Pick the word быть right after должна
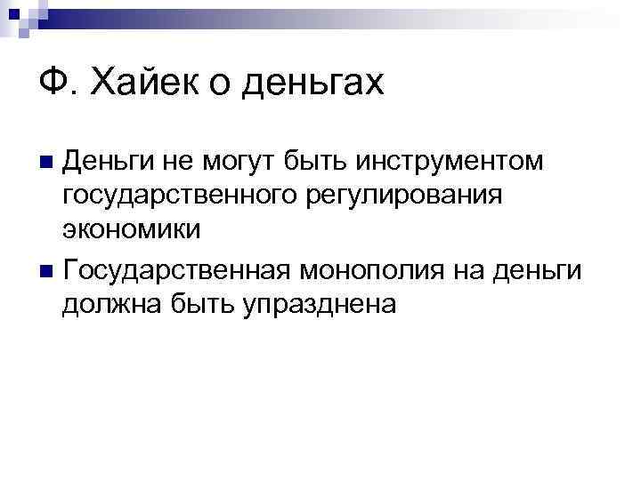[x=186, y=301]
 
